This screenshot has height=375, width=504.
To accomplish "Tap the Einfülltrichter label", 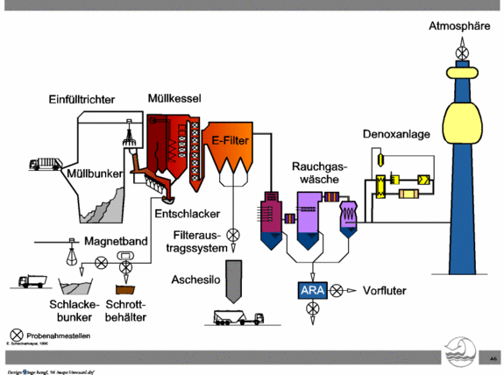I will [81, 100].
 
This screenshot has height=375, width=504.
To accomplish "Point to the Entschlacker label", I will [187, 215].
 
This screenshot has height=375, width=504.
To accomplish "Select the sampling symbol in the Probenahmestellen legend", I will [16, 335].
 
